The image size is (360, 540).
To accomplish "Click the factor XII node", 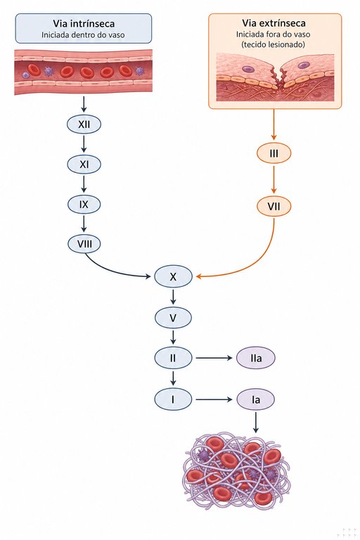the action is tap(84, 124).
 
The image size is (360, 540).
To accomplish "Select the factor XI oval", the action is tap(84, 165).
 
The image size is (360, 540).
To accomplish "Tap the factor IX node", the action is tap(84, 204).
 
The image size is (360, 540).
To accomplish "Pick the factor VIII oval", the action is tap(84, 244).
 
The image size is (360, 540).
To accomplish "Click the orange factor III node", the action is tap(274, 153).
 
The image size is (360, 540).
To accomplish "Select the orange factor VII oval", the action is tap(274, 207).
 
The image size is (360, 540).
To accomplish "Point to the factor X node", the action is tap(173, 276).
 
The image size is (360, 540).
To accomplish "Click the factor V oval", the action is tap(173, 318).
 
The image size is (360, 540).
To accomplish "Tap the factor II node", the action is tap(173, 358).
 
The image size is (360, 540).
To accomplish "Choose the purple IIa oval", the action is tap(256, 358).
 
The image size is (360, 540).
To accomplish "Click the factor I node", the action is tap(173, 399).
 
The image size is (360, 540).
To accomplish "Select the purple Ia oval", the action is tap(256, 399).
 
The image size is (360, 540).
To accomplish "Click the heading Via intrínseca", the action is tap(84, 23).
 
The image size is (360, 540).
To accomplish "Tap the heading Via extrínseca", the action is tap(274, 23).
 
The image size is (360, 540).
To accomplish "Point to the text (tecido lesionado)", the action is tap(274, 44).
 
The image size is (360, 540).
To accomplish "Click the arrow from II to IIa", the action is tap(214, 358).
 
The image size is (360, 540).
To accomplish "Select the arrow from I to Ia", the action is tap(214, 399).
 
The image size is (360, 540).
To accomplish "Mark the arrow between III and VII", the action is tap(274, 179).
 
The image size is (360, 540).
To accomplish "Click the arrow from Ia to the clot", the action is tap(256, 422).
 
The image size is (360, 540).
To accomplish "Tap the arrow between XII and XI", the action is tap(84, 143).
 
